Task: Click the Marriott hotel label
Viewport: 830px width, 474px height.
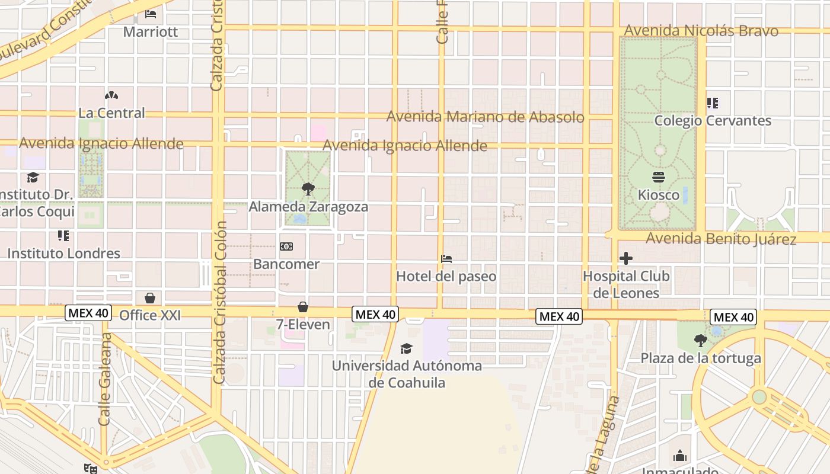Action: tap(151, 31)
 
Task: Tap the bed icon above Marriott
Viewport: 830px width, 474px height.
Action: tap(151, 14)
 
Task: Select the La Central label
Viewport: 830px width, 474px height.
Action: tap(111, 113)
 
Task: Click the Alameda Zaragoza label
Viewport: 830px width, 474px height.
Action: tap(308, 207)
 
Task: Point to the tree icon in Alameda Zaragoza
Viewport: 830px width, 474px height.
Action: tap(308, 190)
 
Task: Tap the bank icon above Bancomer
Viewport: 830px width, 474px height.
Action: tap(286, 246)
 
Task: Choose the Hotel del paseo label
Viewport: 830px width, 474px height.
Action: tap(446, 276)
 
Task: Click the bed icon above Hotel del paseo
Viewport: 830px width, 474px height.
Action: tap(446, 259)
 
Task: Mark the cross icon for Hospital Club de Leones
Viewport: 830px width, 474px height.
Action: tap(626, 258)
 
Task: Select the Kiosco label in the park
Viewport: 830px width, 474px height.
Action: tap(659, 194)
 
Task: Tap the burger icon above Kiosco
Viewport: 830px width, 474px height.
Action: tap(659, 177)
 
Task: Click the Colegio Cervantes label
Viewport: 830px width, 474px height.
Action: tap(713, 120)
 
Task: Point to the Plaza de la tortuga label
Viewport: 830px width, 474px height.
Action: tap(701, 358)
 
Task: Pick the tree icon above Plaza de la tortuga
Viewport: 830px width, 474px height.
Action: tap(701, 341)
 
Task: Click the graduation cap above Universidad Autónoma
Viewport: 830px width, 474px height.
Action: tap(406, 348)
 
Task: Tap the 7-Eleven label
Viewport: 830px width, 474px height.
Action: tap(303, 324)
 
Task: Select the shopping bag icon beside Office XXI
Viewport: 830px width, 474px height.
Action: tap(150, 297)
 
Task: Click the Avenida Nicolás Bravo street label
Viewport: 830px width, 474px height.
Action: tap(701, 30)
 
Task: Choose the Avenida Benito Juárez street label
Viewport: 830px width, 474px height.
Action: tap(721, 239)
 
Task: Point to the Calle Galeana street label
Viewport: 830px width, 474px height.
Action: tap(106, 379)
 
